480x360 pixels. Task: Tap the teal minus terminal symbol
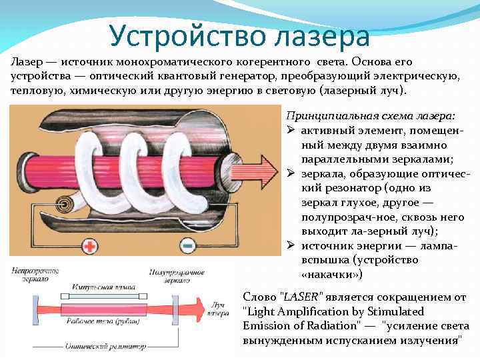pyautogui.click(x=188, y=246)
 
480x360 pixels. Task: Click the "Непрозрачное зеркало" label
pyautogui.click(x=33, y=275)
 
